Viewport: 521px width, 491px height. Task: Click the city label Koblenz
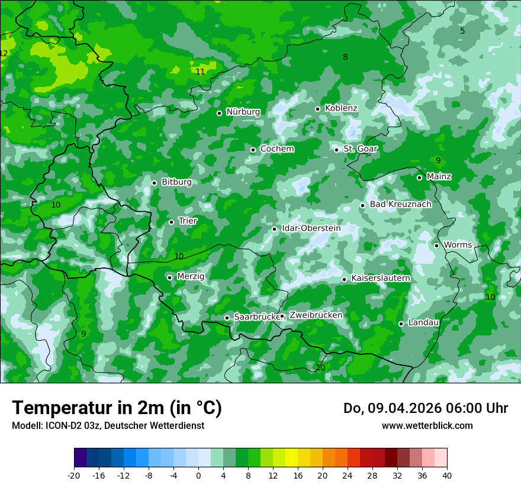(x=341, y=108)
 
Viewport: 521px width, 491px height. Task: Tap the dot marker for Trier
(x=171, y=222)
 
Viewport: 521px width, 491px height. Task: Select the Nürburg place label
(x=243, y=112)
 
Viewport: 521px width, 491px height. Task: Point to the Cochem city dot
(x=253, y=150)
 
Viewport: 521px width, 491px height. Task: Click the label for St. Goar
(x=360, y=149)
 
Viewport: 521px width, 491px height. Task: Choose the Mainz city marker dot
(x=419, y=177)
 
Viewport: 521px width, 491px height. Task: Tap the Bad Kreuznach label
(x=400, y=205)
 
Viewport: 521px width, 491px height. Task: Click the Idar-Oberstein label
(x=311, y=228)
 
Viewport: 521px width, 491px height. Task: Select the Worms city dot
(x=436, y=246)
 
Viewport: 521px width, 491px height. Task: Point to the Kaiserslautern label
(x=380, y=279)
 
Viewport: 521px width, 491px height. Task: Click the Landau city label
(x=423, y=323)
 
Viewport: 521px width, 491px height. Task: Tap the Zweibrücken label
(x=316, y=315)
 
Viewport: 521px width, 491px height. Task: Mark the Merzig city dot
(x=169, y=277)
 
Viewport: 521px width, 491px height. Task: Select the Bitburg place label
(x=176, y=182)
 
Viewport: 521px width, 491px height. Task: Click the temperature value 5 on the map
(x=462, y=31)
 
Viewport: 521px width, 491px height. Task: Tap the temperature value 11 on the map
(x=200, y=72)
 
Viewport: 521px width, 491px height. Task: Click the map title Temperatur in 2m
(x=117, y=408)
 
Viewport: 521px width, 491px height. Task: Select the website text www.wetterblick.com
(x=427, y=426)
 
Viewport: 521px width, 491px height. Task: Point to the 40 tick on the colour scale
(x=446, y=475)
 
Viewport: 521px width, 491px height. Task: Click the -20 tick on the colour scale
(x=74, y=475)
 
